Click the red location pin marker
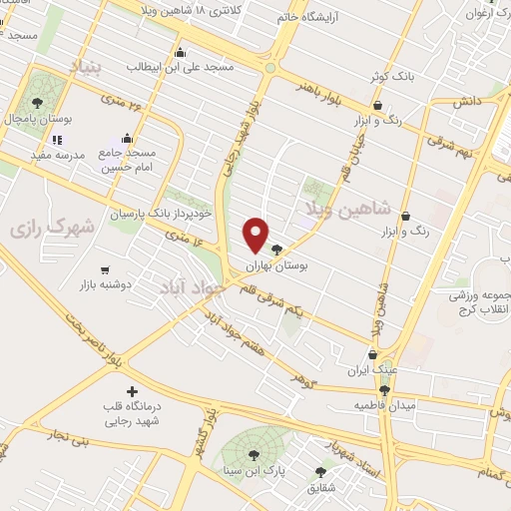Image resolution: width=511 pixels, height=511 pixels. click(x=256, y=235)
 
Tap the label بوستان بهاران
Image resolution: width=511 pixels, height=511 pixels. click(x=307, y=266)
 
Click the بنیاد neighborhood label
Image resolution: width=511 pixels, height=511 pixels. click(x=85, y=66)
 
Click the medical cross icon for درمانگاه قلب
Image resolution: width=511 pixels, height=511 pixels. click(x=131, y=391)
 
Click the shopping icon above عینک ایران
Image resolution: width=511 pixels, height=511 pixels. click(x=372, y=352)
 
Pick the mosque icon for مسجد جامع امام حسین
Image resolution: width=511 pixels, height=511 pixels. click(x=127, y=139)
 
